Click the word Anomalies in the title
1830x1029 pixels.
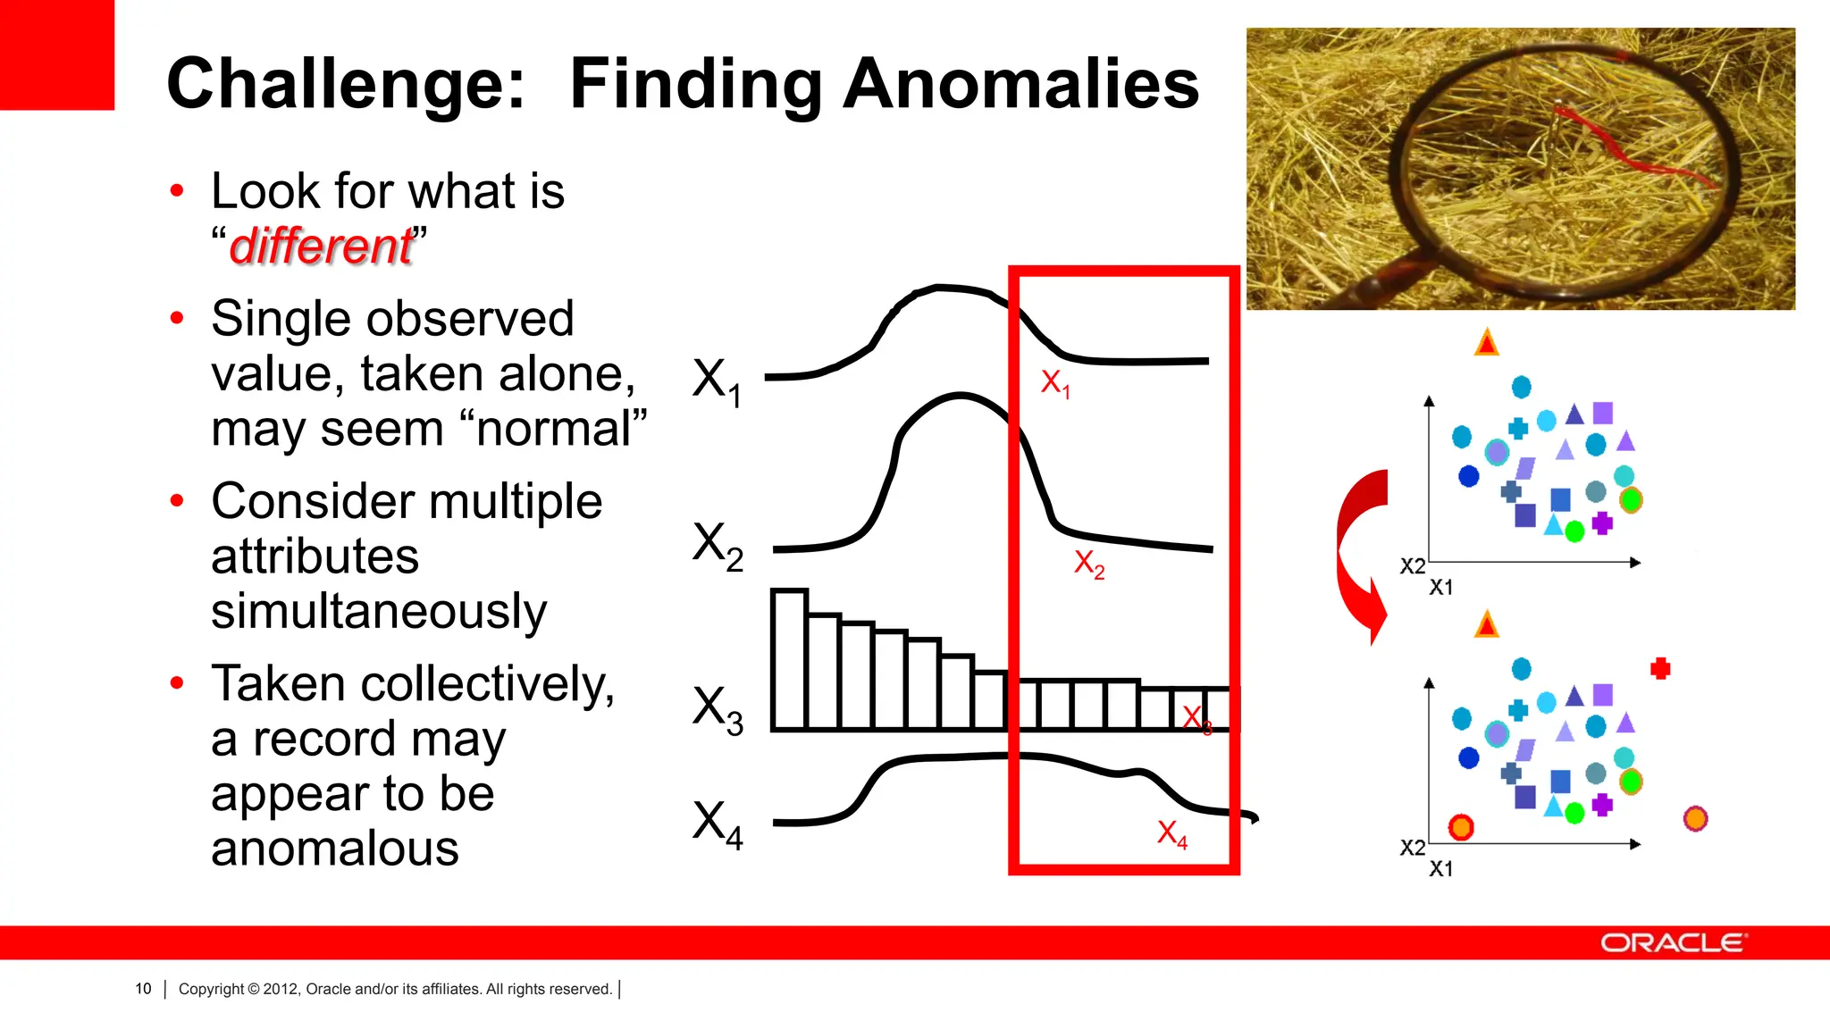click(1020, 84)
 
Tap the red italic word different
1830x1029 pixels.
click(321, 247)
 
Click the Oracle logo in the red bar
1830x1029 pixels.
click(1673, 943)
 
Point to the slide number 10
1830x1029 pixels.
click(143, 989)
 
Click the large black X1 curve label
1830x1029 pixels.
click(717, 381)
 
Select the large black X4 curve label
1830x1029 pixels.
click(717, 824)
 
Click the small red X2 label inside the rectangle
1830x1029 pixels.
click(1088, 564)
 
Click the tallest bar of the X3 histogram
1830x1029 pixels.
click(790, 661)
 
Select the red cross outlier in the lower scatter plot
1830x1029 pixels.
click(1660, 668)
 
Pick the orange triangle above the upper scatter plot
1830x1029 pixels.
click(1486, 343)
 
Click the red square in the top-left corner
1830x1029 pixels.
click(56, 54)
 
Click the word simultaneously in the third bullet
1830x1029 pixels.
click(379, 612)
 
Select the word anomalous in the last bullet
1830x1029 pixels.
click(335, 849)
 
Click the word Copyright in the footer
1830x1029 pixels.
click(211, 989)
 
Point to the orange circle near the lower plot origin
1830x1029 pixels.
click(1461, 827)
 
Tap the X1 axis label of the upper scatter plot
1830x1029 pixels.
click(1440, 588)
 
